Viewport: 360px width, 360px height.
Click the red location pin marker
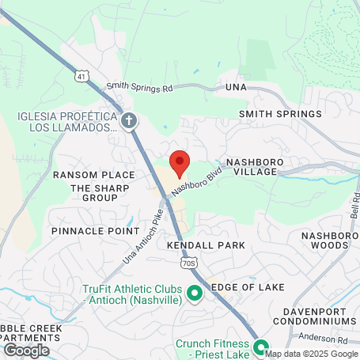click(180, 163)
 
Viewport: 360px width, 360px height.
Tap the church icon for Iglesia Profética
click(130, 121)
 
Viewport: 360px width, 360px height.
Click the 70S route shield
click(187, 262)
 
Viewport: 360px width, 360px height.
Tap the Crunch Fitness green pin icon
click(259, 346)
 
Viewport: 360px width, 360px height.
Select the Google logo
click(26, 350)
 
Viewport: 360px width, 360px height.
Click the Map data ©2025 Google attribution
click(312, 354)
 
